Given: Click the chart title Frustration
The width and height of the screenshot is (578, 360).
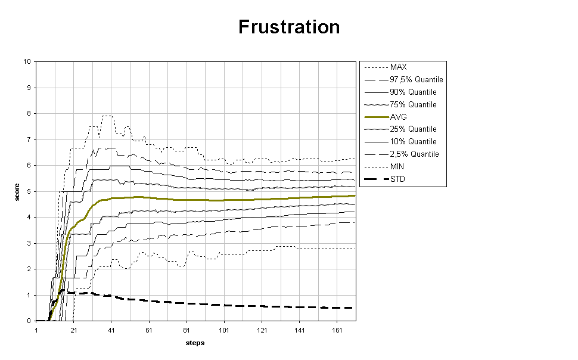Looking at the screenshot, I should [289, 27].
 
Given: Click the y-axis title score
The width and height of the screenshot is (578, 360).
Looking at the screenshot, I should [18, 191].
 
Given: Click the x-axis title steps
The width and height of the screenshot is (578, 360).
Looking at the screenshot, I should [195, 343].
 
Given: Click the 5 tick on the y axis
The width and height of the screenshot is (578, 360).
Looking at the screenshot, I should [29, 191].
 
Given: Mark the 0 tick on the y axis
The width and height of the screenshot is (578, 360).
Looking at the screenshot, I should [29, 321].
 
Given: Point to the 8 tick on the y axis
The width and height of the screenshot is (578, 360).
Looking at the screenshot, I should [29, 113].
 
